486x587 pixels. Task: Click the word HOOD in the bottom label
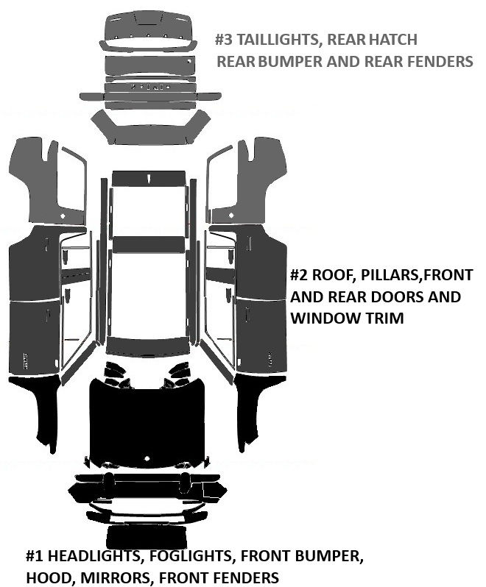pyautogui.click(x=46, y=578)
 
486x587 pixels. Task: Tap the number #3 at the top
pyautogui.click(x=225, y=40)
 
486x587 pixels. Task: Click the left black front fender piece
pyautogui.click(x=40, y=405)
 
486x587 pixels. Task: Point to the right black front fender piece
pyautogui.click(x=254, y=405)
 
